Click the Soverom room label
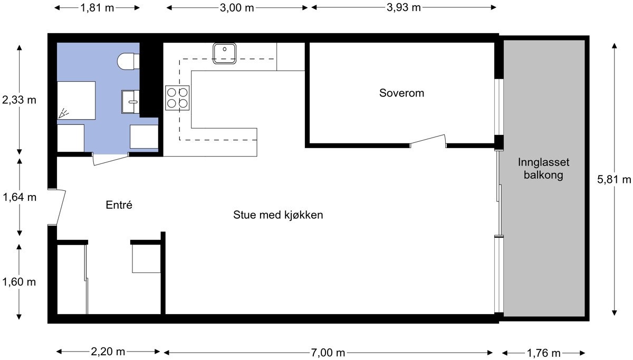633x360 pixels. coord(401,93)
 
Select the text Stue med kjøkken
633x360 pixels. coord(277,215)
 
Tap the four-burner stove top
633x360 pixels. coord(177,98)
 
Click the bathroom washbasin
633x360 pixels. coord(130,101)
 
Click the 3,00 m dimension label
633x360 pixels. coord(236,7)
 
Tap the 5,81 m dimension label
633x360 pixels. coord(614,179)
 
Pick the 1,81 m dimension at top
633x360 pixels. coord(97,7)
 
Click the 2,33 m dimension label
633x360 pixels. coord(20,100)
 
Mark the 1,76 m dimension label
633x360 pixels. coord(543,352)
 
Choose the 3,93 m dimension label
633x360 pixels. coord(404,7)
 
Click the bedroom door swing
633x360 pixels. coord(428,141)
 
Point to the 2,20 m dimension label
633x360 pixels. coord(108,352)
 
